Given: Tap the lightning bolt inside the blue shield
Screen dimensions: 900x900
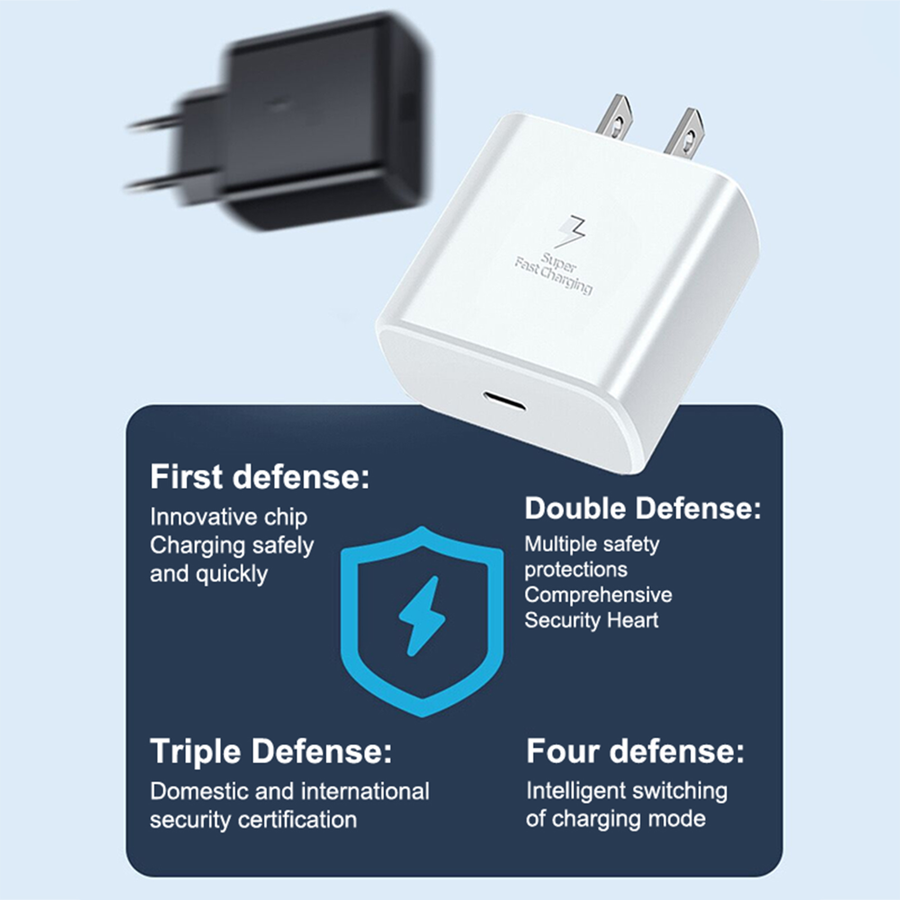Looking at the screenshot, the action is point(422,616).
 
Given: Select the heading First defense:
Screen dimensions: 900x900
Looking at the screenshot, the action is point(260,476).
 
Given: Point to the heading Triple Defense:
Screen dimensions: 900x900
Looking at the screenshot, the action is point(271,751).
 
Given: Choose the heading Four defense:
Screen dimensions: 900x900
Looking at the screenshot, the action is point(635,751).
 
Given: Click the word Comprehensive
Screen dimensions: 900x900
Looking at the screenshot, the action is point(598,595).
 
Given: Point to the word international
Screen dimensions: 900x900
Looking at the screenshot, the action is point(359,791).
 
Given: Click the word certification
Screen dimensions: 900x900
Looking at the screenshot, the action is point(298,820).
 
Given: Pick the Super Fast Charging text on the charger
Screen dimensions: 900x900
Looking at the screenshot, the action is point(554,273).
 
